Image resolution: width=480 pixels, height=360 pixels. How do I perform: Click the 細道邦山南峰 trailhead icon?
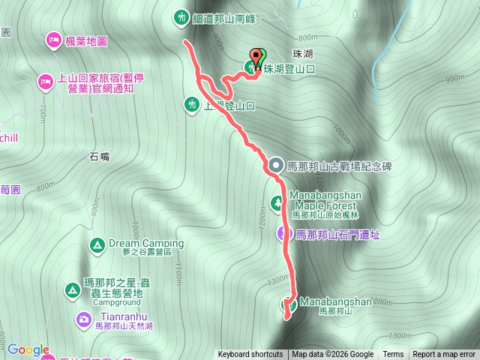coord(181,16)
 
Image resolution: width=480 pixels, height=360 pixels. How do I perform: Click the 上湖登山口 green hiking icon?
coord(191,104)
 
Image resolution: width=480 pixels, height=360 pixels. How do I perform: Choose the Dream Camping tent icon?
coord(97,244)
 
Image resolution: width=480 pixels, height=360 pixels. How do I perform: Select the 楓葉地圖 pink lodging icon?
coord(53,39)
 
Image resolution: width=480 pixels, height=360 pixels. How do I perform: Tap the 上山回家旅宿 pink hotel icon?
coord(44,79)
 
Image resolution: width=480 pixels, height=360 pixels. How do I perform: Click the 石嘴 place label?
coord(100,157)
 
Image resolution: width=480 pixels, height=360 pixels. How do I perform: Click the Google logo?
coord(28,349)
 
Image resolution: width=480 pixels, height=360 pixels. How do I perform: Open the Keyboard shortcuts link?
coord(250,355)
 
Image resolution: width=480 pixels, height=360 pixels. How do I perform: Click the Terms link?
coord(393,355)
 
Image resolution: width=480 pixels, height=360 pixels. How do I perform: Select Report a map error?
coord(444,355)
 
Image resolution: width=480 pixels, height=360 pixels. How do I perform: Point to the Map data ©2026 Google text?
coord(332,355)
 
